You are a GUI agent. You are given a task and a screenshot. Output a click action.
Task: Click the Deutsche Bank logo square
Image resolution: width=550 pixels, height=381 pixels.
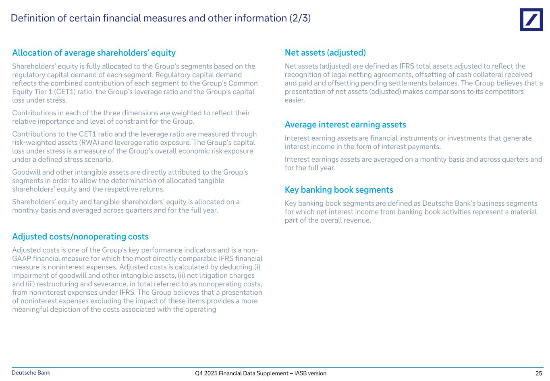point(531,19)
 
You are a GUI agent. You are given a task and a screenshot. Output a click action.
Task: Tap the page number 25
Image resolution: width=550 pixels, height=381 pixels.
point(539,373)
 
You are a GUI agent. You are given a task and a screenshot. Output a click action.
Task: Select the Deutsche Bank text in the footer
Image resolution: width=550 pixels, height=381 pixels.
point(31,373)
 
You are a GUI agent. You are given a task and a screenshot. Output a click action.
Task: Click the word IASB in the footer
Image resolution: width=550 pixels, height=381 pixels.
point(302,373)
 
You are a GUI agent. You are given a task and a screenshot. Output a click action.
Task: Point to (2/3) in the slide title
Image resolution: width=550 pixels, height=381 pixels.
point(300,18)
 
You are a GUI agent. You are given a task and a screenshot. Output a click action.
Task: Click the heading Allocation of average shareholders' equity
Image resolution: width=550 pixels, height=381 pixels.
point(94,53)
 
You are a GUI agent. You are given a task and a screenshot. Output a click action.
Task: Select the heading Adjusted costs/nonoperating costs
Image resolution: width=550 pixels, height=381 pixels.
point(80,237)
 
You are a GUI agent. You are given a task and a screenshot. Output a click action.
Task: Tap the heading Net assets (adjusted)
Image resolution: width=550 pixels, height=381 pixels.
point(325,53)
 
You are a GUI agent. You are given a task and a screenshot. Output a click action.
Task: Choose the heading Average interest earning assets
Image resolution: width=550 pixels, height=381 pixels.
point(345,125)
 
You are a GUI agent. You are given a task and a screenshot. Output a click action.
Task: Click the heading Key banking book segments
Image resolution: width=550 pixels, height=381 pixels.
point(339,190)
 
